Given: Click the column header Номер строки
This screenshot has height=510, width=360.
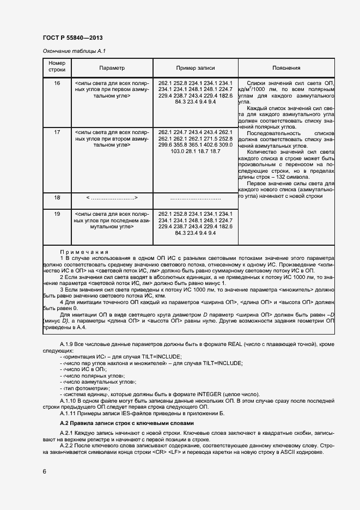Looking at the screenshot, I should tap(57, 68).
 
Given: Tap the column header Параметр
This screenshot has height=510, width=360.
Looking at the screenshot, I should tap(112, 68).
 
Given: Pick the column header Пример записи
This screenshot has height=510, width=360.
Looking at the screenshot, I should tap(195, 68).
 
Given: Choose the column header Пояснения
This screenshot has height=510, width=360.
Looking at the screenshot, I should tap(286, 68).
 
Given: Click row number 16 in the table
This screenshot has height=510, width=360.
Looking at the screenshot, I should tap(57, 82).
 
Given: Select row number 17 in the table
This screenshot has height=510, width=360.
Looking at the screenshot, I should tap(57, 132).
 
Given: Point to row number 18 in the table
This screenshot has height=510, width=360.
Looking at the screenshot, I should tap(57, 198).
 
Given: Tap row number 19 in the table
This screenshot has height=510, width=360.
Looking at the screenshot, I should tap(57, 214).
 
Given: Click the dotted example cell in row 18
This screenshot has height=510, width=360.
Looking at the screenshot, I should tap(195, 198).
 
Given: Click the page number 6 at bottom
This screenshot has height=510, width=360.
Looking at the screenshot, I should tap(45, 470).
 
